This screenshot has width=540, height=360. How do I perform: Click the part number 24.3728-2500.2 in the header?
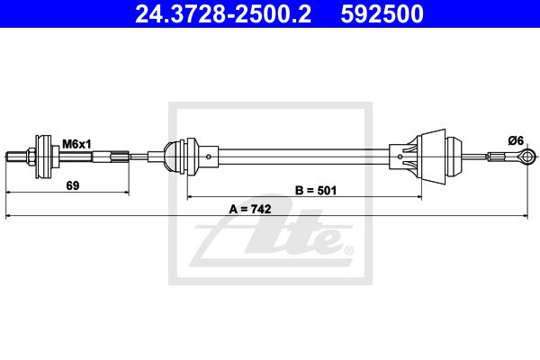pyautogui.click(x=223, y=13)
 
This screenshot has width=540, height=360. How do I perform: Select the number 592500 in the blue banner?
pyautogui.click(x=382, y=13)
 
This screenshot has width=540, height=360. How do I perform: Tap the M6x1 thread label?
pyautogui.click(x=76, y=144)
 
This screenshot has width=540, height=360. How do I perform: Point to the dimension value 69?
pyautogui.click(x=73, y=185)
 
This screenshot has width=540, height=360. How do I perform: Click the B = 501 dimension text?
pyautogui.click(x=316, y=190)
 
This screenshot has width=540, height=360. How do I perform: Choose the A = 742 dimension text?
pyautogui.click(x=250, y=209)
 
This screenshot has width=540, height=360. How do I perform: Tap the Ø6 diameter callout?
pyautogui.click(x=516, y=140)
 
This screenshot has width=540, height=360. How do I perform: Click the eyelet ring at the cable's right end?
pyautogui.click(x=526, y=157)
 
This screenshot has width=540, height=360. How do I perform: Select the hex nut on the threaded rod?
pyautogui.click(x=31, y=157)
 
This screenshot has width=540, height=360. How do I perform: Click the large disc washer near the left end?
pyautogui.click(x=44, y=157)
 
